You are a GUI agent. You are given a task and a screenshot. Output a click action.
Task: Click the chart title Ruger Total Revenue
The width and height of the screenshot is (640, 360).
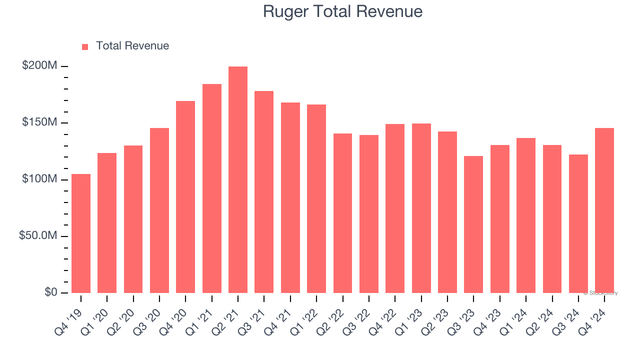click(342, 11)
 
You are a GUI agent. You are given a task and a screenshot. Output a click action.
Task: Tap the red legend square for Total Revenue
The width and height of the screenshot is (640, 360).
click(85, 46)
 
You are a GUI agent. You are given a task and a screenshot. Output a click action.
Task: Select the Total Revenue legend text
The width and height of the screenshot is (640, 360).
click(132, 46)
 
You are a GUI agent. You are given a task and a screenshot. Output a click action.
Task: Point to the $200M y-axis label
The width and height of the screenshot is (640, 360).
click(39, 66)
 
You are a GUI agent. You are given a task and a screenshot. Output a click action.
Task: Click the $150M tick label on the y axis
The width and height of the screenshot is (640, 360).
click(39, 122)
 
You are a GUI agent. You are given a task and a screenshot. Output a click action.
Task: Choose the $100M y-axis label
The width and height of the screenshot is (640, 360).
click(39, 179)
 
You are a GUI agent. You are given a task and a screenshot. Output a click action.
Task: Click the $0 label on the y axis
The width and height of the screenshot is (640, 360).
click(50, 292)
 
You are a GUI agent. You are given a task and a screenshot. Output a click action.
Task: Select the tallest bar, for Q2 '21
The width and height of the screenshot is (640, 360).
click(238, 180)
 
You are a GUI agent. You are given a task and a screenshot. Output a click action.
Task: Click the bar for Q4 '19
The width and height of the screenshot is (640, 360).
click(81, 233)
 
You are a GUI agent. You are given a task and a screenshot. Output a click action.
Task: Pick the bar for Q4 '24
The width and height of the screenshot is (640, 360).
click(604, 210)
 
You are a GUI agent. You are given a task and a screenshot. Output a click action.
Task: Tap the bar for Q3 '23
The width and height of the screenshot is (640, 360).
click(473, 224)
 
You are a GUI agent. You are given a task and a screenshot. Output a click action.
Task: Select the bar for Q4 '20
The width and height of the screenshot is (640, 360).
click(185, 197)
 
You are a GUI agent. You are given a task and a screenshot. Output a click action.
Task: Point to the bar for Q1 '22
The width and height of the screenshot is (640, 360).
click(316, 198)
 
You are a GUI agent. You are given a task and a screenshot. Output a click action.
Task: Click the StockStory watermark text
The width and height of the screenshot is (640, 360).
click(600, 293)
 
